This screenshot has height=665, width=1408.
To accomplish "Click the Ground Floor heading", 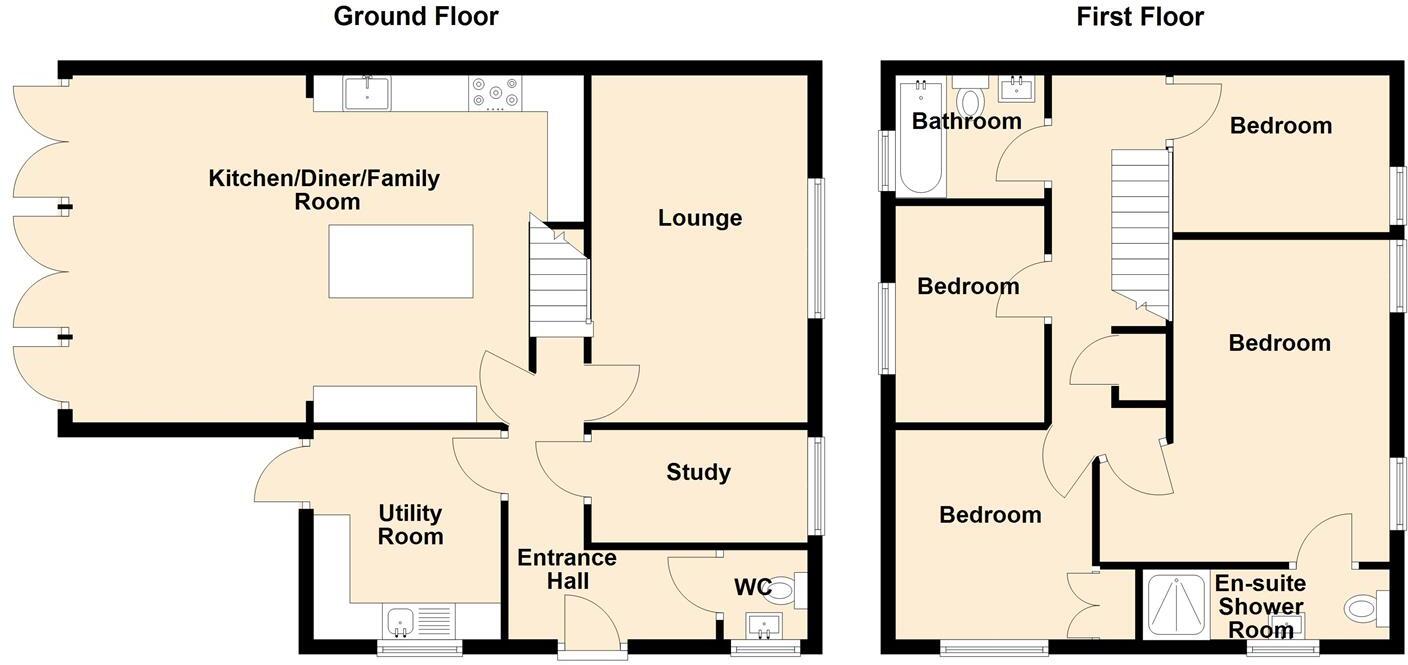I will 415,16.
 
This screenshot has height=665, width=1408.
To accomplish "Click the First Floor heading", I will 1139,16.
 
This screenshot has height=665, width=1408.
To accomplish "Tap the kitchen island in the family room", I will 400,261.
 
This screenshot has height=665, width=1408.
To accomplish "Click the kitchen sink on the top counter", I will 367,93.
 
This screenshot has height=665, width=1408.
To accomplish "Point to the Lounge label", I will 699,218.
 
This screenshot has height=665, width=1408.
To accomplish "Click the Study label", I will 698,472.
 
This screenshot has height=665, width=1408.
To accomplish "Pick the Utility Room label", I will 410,525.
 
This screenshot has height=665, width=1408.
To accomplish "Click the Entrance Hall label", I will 566,569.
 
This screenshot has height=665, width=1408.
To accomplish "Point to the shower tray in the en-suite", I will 1175,605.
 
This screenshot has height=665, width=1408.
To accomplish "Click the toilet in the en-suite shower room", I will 1365,607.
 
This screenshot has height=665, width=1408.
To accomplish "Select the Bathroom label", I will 966,122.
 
